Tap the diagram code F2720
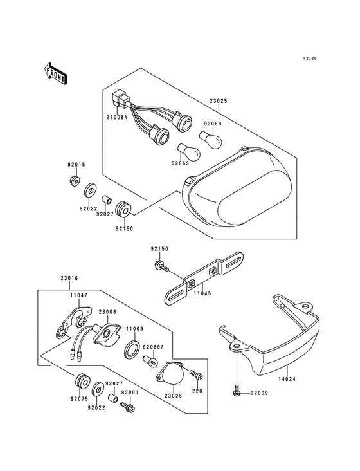point(310,59)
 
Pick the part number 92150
point(159,248)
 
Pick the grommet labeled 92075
point(82,380)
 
